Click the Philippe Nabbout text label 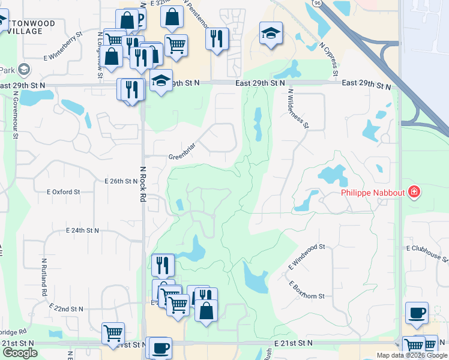click(x=373, y=193)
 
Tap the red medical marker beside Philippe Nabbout click(x=414, y=193)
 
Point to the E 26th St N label click(x=121, y=181)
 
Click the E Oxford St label click(x=64, y=192)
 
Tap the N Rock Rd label click(x=143, y=184)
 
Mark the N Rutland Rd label click(x=44, y=277)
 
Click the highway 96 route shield click(x=316, y=3)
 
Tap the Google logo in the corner click(x=20, y=353)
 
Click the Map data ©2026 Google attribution click(x=411, y=355)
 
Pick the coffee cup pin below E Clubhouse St click(x=417, y=313)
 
